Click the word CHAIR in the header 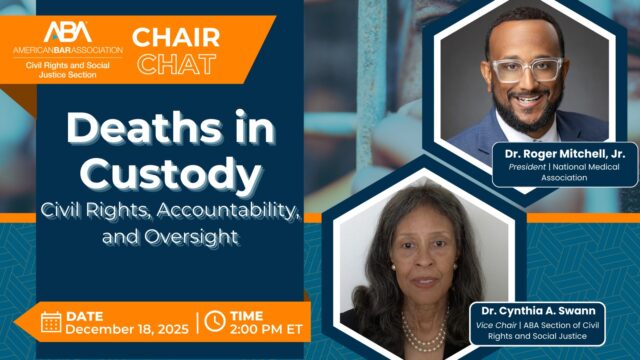tap(176, 37)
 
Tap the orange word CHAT tap(176, 65)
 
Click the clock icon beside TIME tap(213, 322)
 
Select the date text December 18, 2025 tap(122, 330)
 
